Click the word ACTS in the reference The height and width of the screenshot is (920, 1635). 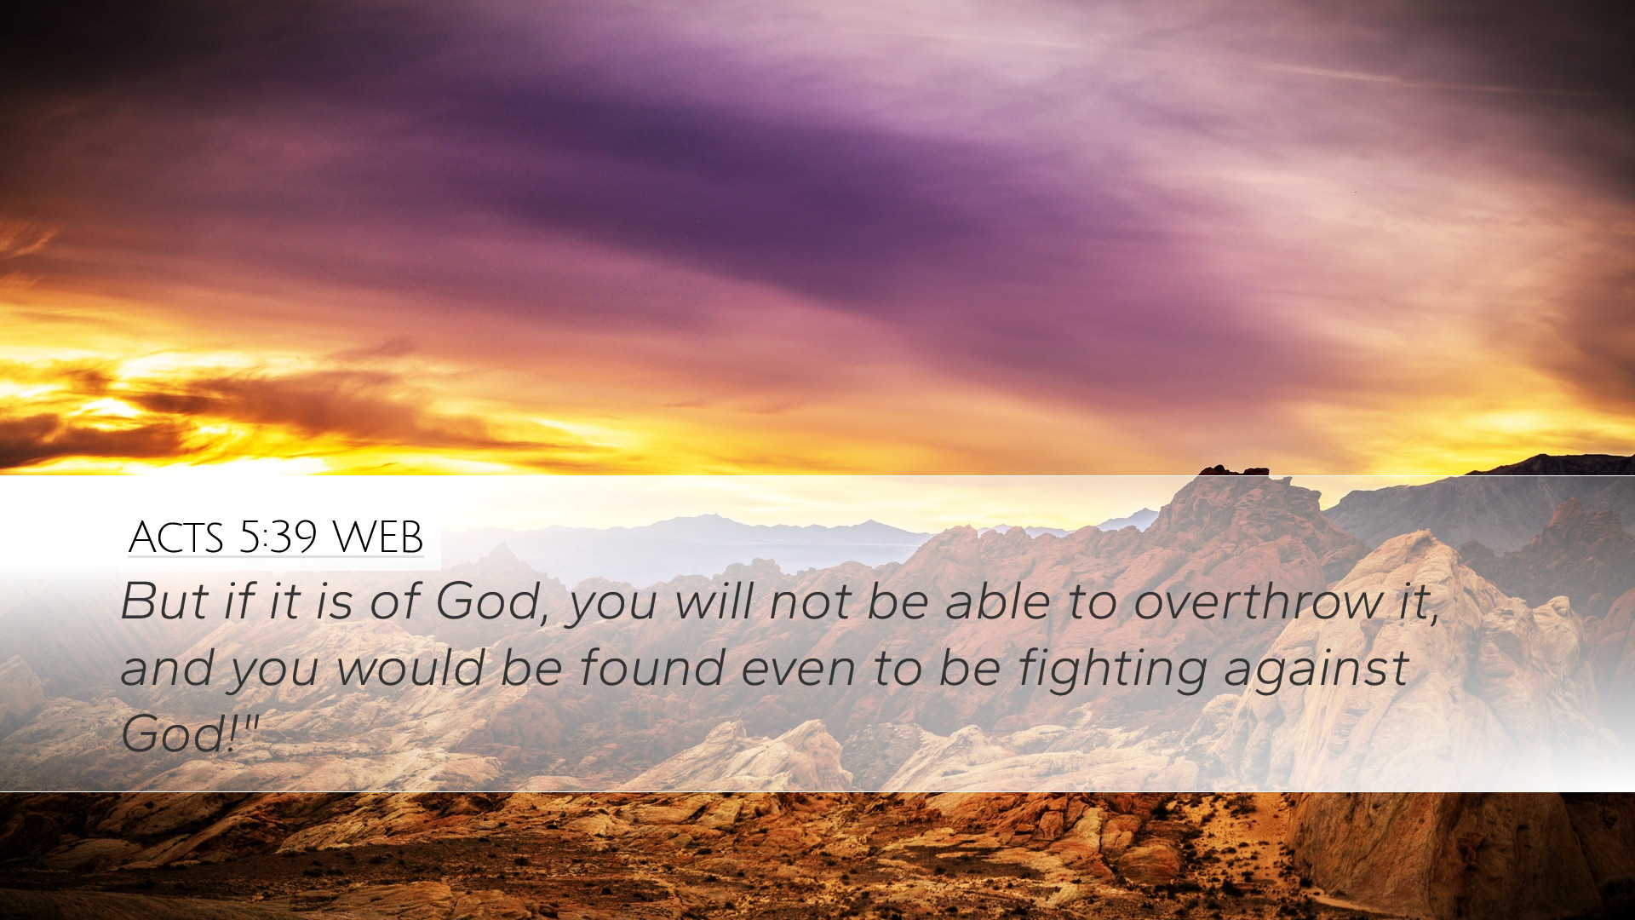point(176,538)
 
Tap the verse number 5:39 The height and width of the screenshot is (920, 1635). point(278,538)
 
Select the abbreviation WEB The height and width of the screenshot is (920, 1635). point(377,538)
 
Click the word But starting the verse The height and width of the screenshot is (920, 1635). point(163,601)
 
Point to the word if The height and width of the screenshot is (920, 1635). point(239,601)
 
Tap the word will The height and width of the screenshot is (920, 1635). point(714,601)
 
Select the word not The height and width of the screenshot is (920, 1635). point(810,602)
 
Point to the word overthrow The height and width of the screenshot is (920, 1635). point(1259,601)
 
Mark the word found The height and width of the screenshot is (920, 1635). point(652,667)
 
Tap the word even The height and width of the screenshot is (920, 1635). point(799,669)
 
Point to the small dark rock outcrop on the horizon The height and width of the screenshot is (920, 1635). point(1234,470)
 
